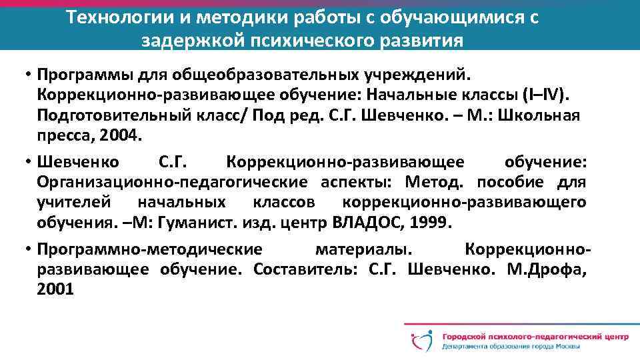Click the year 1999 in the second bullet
(422, 221)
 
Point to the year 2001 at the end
(56, 290)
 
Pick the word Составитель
(305, 270)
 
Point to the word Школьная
(543, 115)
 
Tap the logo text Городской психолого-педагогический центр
(534, 334)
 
